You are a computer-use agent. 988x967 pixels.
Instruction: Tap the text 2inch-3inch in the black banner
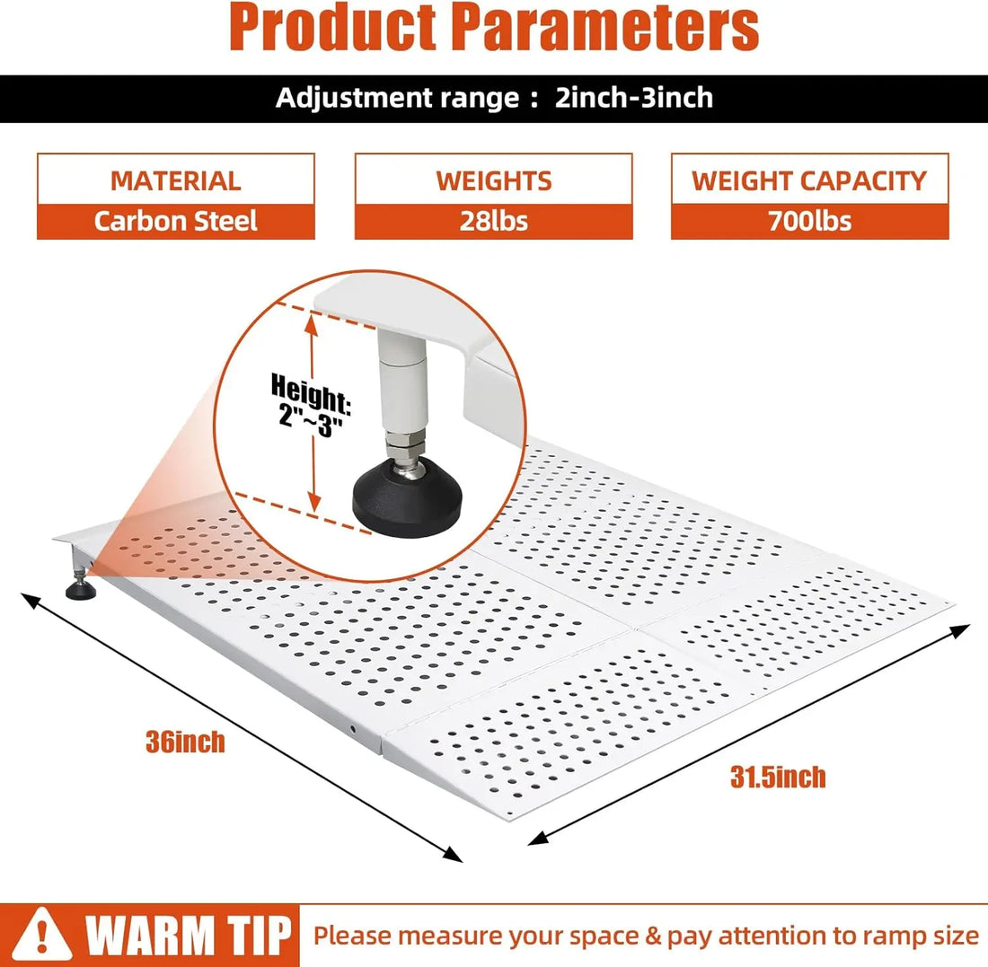pyautogui.click(x=634, y=98)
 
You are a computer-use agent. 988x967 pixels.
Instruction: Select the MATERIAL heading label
pyautogui.click(x=176, y=180)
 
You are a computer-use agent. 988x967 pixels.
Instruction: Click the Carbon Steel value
pyautogui.click(x=176, y=221)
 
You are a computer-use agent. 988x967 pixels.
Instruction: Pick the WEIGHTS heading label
pyautogui.click(x=494, y=180)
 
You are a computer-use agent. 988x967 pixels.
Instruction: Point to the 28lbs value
pyautogui.click(x=494, y=221)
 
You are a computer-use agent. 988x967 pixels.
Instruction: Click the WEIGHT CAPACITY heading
pyautogui.click(x=809, y=180)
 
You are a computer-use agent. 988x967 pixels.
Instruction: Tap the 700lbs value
pyautogui.click(x=809, y=221)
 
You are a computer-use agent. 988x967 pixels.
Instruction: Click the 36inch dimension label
pyautogui.click(x=185, y=743)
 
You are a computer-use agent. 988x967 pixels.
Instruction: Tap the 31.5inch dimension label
pyautogui.click(x=778, y=778)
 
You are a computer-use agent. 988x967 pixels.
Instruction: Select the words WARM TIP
pyautogui.click(x=189, y=936)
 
